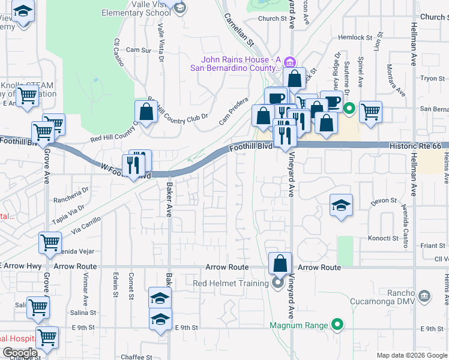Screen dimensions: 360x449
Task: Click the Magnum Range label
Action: pos(299,325)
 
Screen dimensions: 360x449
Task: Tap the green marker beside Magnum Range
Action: pos(337,325)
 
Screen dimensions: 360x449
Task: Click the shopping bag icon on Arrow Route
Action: pos(280,263)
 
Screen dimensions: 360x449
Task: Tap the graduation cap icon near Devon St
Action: pos(340,206)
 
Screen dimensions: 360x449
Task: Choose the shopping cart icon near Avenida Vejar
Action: pos(50,243)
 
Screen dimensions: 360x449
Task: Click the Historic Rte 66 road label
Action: pos(415,146)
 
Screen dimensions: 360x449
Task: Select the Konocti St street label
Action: pos(384,238)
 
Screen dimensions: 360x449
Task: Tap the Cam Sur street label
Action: pos(138,50)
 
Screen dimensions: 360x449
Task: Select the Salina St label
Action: pos(83,313)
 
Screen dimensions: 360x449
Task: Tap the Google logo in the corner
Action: pos(20,353)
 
